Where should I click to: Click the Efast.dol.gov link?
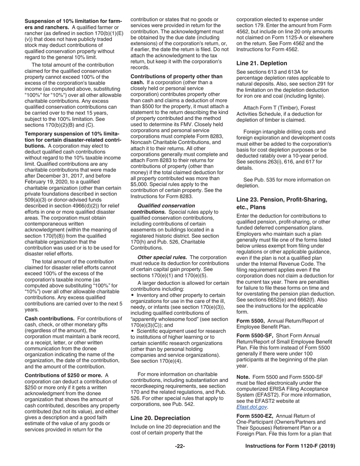(x=252, y=407)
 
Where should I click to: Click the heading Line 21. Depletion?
(x=261, y=63)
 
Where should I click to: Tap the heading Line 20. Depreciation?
(x=160, y=418)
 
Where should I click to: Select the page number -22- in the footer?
(x=180, y=446)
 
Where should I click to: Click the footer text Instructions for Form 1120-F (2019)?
(x=290, y=446)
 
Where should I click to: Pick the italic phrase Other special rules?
(x=162, y=258)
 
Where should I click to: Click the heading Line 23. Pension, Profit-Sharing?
(x=282, y=200)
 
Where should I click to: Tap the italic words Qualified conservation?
(x=161, y=206)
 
